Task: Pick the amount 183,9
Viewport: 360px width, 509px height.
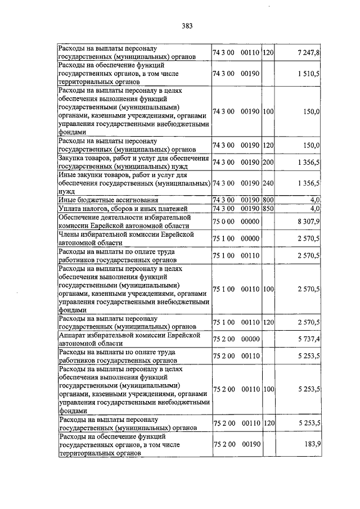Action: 313,444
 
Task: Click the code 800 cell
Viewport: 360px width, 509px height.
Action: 268,200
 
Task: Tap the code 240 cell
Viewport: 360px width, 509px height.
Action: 268,183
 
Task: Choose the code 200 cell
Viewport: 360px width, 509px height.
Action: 268,162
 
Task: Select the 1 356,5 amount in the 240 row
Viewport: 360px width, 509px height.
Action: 309,183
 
